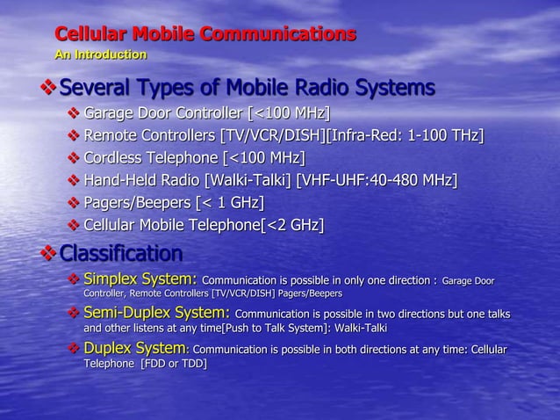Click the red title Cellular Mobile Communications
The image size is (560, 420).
tap(205, 35)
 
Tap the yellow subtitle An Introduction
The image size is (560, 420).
tap(100, 55)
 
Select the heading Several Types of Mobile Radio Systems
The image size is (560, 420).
tap(247, 88)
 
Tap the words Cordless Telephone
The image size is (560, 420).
tap(151, 158)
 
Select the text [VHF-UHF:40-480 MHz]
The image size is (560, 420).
tap(377, 181)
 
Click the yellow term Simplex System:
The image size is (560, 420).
tap(140, 280)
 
